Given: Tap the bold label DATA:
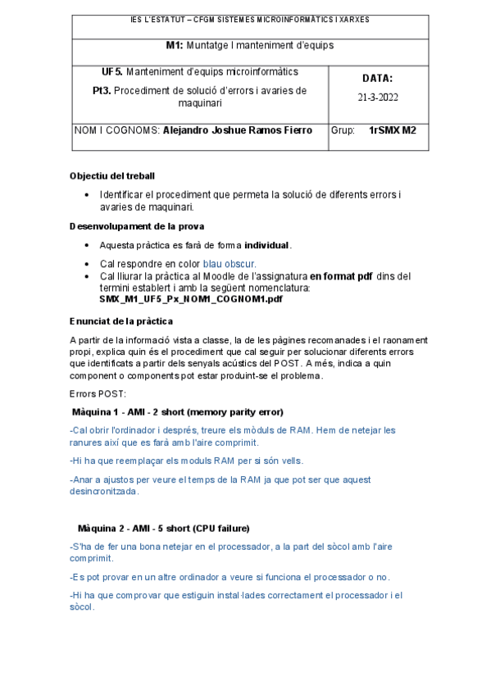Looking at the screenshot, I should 377,79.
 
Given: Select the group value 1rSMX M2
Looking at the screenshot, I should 393,129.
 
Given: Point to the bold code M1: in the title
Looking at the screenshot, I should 175,45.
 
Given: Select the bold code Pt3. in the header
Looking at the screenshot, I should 103,91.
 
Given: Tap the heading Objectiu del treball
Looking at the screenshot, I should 112,176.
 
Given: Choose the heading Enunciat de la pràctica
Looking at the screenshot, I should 121,320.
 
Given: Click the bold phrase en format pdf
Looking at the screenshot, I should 341,276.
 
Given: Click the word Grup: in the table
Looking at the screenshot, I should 343,129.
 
